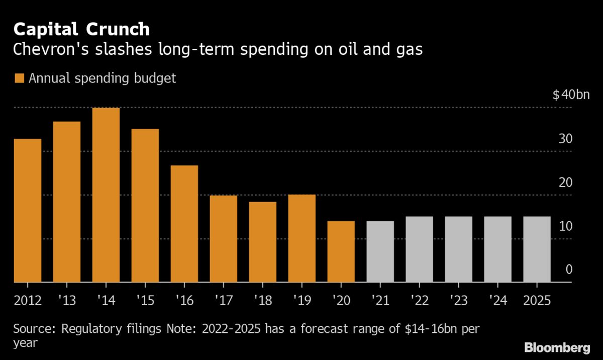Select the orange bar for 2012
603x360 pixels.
pyautogui.click(x=28, y=211)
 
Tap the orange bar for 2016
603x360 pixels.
pyautogui.click(x=184, y=224)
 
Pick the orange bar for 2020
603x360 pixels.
pyautogui.click(x=341, y=252)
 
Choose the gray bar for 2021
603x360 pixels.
pyautogui.click(x=380, y=252)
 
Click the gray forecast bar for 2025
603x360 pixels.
pyautogui.click(x=537, y=249)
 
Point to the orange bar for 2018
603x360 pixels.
pyautogui.click(x=263, y=242)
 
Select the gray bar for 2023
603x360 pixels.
pyautogui.click(x=458, y=249)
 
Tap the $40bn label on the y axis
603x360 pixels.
pyautogui.click(x=571, y=95)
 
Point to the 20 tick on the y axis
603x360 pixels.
pyautogui.click(x=566, y=182)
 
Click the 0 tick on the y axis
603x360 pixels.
pyautogui.click(x=569, y=269)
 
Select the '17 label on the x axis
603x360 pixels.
pyautogui.click(x=223, y=300)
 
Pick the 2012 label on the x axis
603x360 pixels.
pyautogui.click(x=28, y=300)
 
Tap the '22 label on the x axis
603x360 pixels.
pyautogui.click(x=419, y=300)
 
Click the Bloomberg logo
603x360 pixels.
pyautogui.click(x=557, y=347)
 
